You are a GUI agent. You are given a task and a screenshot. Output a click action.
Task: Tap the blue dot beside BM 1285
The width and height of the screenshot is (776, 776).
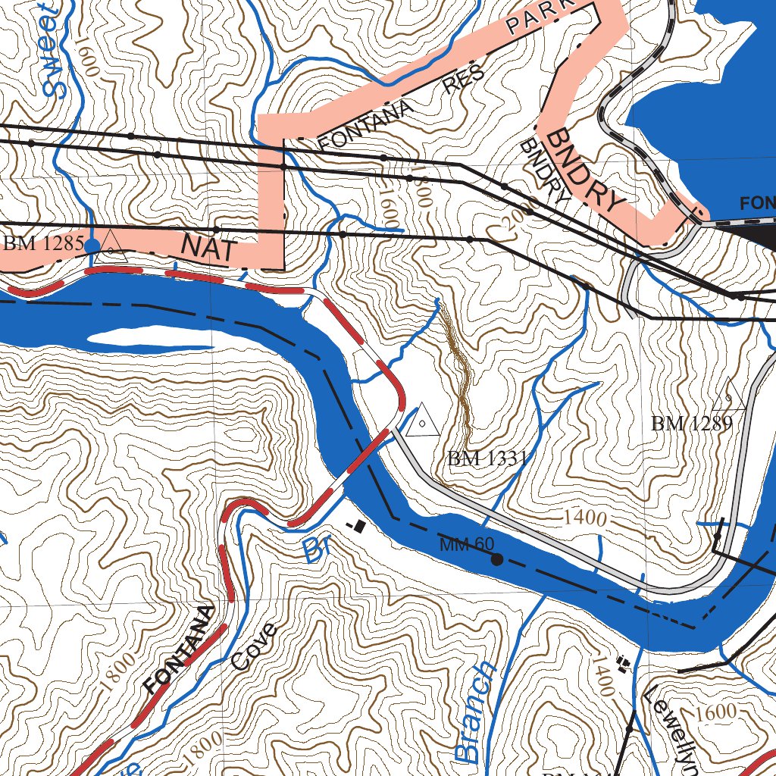(x=92, y=246)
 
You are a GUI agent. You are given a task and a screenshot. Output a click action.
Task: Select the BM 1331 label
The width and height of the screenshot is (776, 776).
(x=487, y=458)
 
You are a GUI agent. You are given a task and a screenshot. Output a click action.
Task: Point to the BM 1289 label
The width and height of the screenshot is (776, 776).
(x=691, y=424)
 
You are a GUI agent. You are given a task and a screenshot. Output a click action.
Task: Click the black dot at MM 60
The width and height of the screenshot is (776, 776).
(x=497, y=560)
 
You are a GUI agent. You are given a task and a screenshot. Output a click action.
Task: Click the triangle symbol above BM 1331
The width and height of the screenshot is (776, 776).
(x=422, y=421)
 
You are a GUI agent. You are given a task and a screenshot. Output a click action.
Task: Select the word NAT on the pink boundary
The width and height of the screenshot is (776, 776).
(x=209, y=249)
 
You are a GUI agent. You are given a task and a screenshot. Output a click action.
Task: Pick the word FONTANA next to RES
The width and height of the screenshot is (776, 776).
(x=366, y=126)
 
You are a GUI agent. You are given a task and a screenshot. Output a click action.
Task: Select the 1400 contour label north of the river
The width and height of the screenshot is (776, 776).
(x=586, y=519)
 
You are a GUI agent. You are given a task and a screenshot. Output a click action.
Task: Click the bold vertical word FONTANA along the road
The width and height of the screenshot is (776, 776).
(x=180, y=649)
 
